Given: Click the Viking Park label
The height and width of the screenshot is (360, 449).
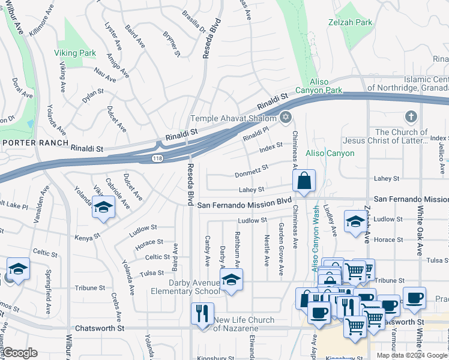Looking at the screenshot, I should pos(75,53).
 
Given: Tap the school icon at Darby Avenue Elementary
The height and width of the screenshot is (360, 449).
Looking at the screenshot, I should pos(231,279).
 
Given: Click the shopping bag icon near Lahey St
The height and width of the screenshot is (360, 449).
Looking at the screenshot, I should pos(304,181).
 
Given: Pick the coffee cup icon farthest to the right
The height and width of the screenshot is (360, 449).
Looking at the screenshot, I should pos(414,298).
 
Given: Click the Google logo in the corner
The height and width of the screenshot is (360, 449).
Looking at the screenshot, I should pos(20,353).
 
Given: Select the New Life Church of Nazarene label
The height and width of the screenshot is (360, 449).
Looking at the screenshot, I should pos(244,325).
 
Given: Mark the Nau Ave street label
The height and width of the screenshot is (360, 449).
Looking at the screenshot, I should pos(105,75).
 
